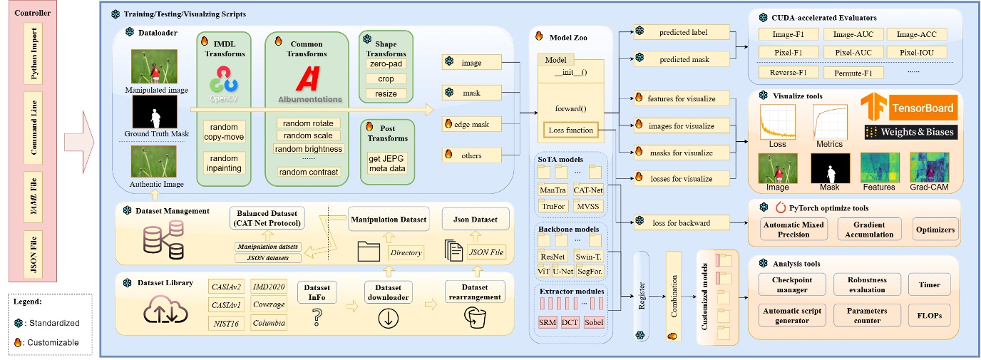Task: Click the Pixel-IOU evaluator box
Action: pyautogui.click(x=922, y=52)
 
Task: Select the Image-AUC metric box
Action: pyautogui.click(x=851, y=34)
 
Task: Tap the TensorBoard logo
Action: pyautogui.click(x=907, y=108)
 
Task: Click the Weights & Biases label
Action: pyautogui.click(x=910, y=133)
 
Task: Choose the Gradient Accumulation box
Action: pyautogui.click(x=864, y=230)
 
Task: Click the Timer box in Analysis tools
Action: pyautogui.click(x=929, y=284)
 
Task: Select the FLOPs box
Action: pyautogui.click(x=929, y=315)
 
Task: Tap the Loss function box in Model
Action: pyautogui.click(x=569, y=130)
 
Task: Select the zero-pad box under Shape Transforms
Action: pyautogui.click(x=385, y=64)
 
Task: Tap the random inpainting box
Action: pyautogui.click(x=225, y=163)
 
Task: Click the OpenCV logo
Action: pyautogui.click(x=225, y=83)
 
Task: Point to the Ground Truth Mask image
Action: pyautogui.click(x=155, y=113)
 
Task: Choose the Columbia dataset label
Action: pyautogui.click(x=269, y=323)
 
